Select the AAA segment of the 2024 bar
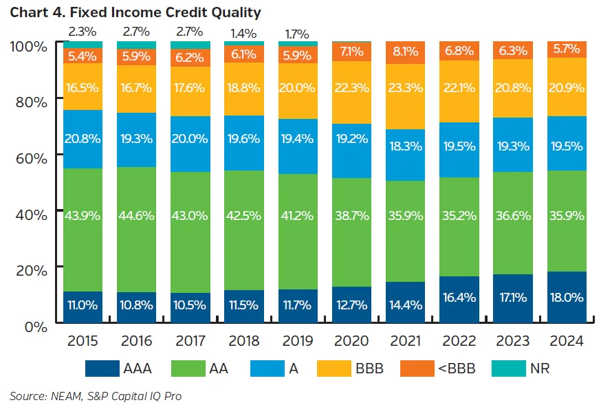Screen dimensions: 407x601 tap(567, 297)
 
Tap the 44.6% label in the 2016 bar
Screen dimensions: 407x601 tap(136, 215)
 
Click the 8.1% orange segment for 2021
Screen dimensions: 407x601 tap(406, 50)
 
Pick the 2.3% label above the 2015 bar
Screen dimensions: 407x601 tap(83, 31)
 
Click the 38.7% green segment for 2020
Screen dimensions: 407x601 tap(352, 215)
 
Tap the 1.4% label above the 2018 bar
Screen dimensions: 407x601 tap(244, 33)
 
